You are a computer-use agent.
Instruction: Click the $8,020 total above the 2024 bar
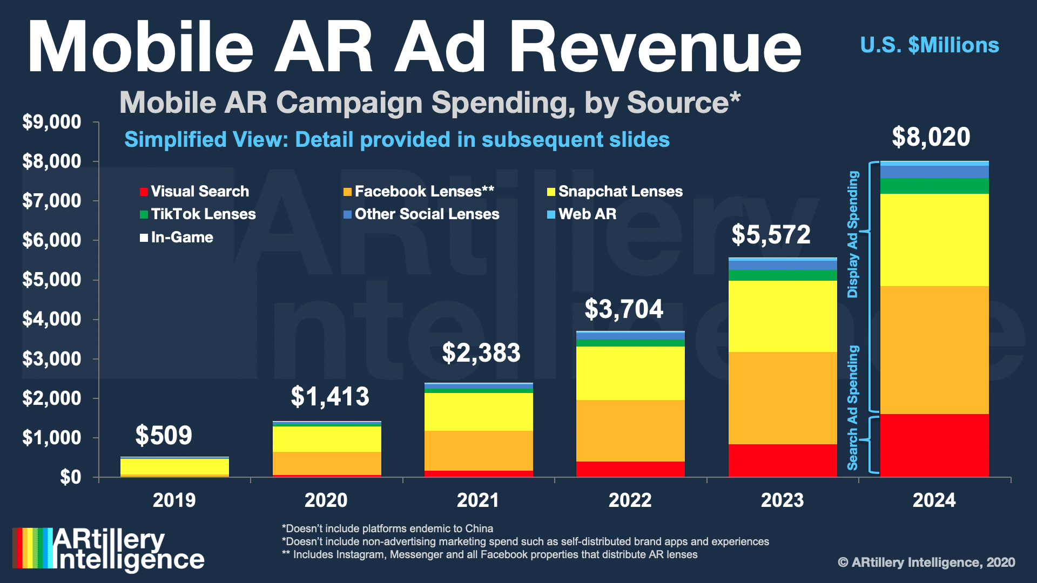(931, 137)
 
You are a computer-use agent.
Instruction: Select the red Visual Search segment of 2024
(934, 445)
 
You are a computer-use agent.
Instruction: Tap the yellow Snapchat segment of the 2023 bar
(783, 316)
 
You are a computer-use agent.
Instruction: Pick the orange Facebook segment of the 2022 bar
(630, 431)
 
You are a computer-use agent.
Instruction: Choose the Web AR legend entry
(582, 214)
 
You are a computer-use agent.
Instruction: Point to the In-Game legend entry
(177, 238)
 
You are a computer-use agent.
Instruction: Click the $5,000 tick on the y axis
(52, 280)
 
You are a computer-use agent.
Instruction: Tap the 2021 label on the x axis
(478, 500)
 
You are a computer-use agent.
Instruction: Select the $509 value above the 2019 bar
(164, 435)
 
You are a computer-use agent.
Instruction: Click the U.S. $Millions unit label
(929, 45)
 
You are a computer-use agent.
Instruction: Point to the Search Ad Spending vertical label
(853, 408)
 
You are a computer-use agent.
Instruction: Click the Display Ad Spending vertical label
(853, 234)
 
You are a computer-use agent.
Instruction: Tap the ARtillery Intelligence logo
(109, 549)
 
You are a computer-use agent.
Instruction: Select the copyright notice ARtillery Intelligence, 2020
(926, 562)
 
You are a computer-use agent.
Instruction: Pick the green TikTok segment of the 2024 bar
(934, 186)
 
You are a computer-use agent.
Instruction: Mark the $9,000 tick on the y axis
(52, 122)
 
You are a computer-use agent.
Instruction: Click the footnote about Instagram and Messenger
(489, 555)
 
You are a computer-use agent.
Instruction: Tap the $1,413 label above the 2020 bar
(330, 397)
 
